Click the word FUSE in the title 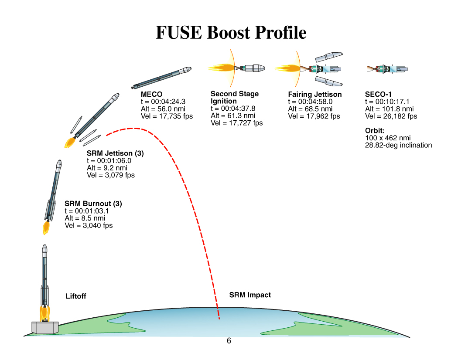(x=179, y=33)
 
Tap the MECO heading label (x=151, y=95)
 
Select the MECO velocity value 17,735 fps (x=167, y=116)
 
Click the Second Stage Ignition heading (x=234, y=97)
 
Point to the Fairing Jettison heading (x=315, y=95)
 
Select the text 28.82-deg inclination (x=398, y=145)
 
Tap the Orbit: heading (x=375, y=131)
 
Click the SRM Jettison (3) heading (x=115, y=153)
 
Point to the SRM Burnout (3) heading (x=93, y=204)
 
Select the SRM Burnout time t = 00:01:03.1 (x=87, y=211)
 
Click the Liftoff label (x=76, y=296)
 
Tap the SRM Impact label (x=250, y=295)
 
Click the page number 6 (x=229, y=341)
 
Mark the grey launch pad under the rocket (x=44, y=327)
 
